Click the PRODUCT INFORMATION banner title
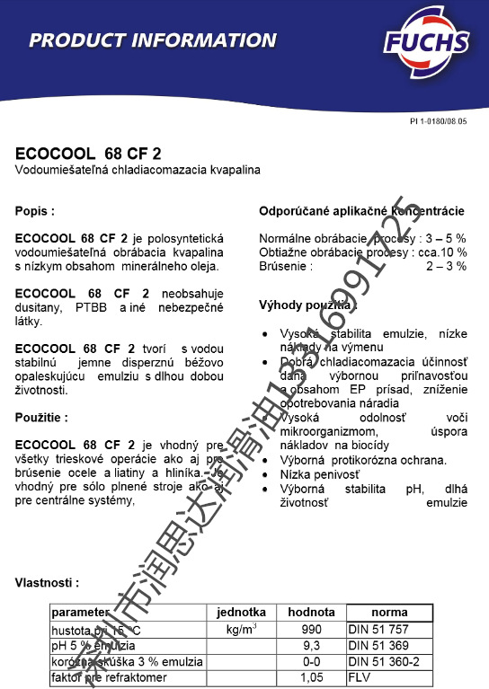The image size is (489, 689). click(x=152, y=40)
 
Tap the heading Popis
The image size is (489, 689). click(x=35, y=211)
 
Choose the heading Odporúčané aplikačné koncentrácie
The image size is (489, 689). click(x=361, y=211)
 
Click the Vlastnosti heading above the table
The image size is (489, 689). click(x=47, y=583)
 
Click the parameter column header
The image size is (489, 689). click(x=82, y=613)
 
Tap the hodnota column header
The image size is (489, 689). click(x=311, y=613)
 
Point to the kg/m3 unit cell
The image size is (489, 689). click(x=243, y=629)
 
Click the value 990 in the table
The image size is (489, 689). click(x=311, y=630)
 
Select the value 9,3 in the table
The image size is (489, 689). click(x=311, y=646)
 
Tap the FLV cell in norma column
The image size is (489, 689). click(x=360, y=677)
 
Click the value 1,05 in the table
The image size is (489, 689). click(x=311, y=677)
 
